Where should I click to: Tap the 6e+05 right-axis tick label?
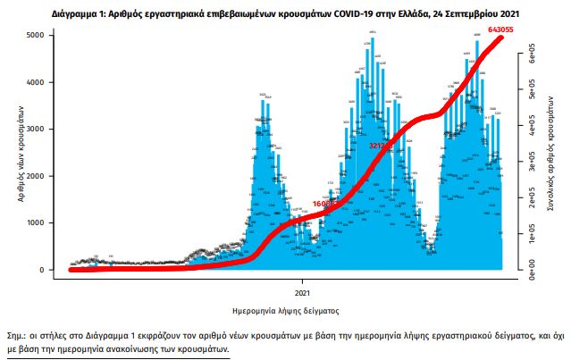point(530,56)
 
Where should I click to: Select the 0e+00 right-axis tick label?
point(530,265)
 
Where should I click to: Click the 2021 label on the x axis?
point(304,291)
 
